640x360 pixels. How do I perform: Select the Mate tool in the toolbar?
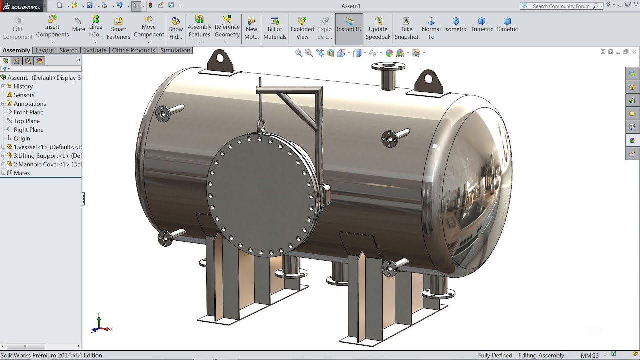pos(78,25)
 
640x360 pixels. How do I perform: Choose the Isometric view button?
pos(455,24)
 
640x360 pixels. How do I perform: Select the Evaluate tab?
pos(95,50)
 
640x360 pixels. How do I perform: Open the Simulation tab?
pos(175,50)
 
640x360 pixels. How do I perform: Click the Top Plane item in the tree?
pos(27,121)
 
